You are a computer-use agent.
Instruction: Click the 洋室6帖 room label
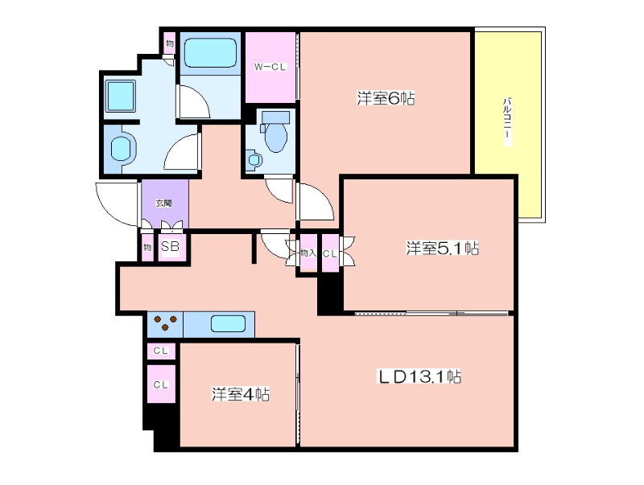(386, 98)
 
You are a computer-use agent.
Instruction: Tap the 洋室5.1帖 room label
(442, 249)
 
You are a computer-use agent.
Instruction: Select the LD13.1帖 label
(419, 376)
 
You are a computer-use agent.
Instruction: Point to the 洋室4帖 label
(240, 394)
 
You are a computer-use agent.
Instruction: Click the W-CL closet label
(270, 67)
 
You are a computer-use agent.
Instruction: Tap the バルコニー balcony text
(508, 121)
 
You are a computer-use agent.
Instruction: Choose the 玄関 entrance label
(163, 203)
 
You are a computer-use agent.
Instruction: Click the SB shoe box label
(170, 246)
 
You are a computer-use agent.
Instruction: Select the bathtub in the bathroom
(210, 53)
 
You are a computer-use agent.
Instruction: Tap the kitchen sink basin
(229, 324)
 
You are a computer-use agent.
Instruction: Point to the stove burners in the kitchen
(165, 323)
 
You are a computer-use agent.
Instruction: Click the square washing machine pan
(120, 96)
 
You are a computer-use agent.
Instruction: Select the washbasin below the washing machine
(122, 148)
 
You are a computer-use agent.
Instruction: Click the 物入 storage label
(308, 253)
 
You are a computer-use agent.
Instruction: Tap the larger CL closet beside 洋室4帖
(161, 384)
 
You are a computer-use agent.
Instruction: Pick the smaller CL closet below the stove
(161, 351)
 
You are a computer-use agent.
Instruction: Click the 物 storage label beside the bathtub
(170, 43)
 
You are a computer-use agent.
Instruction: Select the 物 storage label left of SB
(147, 248)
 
